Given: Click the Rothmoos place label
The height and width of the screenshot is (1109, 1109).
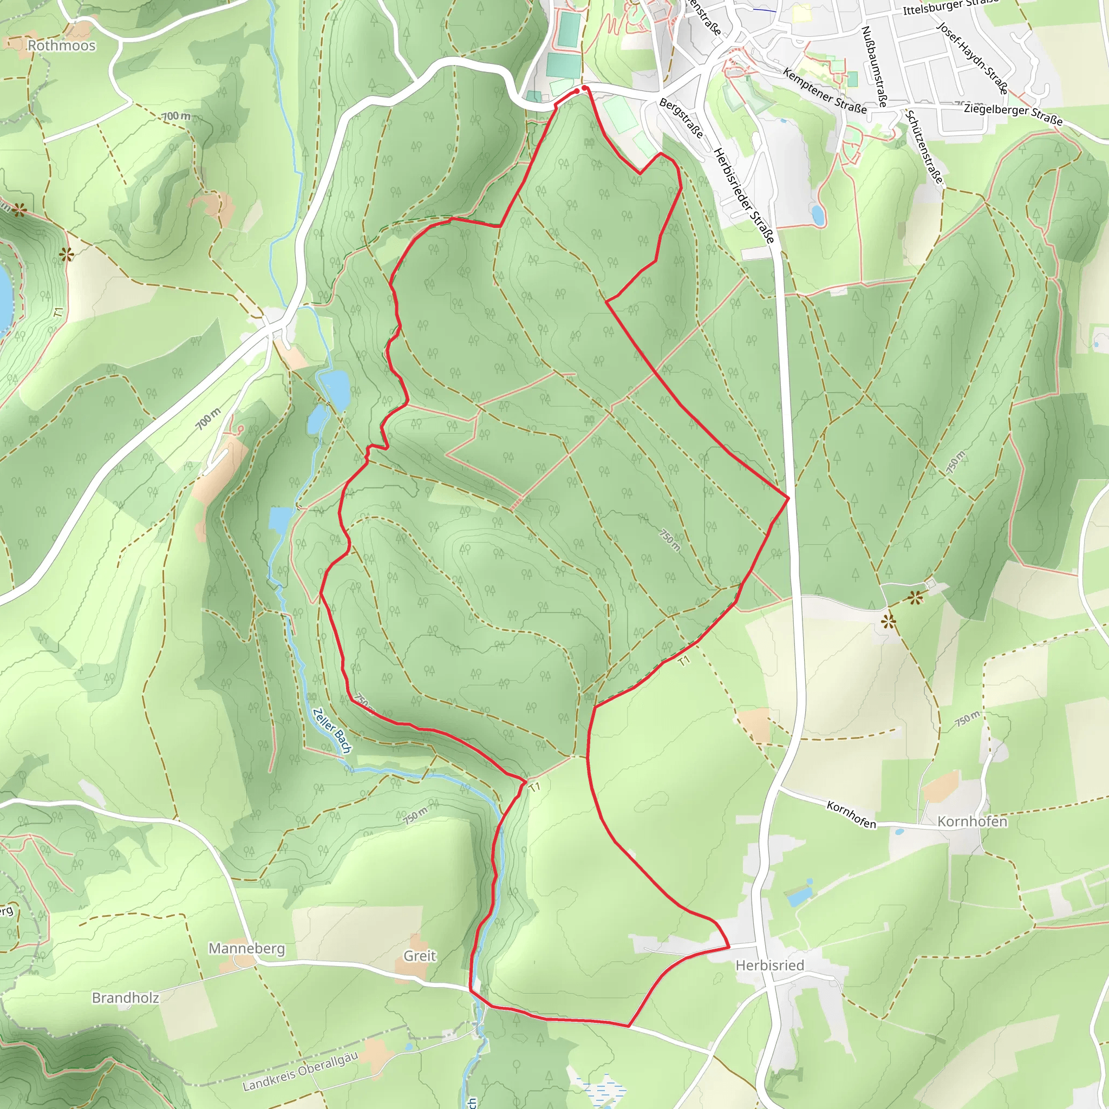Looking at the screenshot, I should click(61, 45).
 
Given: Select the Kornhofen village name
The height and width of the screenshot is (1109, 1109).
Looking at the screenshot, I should click(972, 821).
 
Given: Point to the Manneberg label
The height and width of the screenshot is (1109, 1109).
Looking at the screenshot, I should click(246, 948).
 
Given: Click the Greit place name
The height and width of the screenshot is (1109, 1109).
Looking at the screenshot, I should click(420, 956).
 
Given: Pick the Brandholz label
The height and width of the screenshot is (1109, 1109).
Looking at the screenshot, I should click(125, 997).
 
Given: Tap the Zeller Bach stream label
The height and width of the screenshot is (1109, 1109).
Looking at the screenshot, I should click(332, 730).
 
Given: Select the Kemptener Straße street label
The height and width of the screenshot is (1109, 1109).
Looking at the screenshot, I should click(824, 90).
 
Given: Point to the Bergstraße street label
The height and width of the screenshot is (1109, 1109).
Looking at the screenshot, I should click(681, 118).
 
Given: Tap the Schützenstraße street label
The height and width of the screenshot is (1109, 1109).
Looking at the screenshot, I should click(924, 147).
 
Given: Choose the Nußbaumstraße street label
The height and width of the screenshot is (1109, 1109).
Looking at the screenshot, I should click(874, 66).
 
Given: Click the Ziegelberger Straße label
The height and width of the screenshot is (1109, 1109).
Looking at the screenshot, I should click(1013, 114).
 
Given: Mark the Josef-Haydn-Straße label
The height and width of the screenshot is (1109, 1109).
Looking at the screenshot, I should click(972, 57).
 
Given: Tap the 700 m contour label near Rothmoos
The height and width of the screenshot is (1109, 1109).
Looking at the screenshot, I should click(175, 116).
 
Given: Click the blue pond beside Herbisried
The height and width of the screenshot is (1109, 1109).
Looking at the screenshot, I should click(800, 896).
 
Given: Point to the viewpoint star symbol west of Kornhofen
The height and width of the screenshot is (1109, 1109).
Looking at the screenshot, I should click(888, 621).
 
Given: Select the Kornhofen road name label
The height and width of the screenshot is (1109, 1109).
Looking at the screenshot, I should click(851, 814).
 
